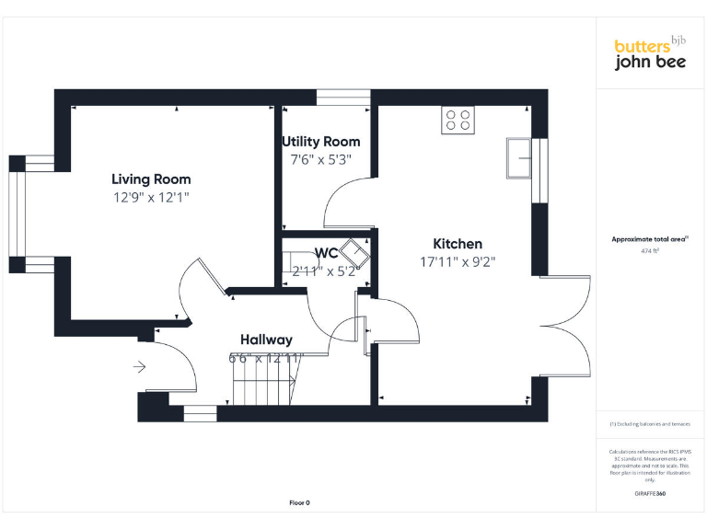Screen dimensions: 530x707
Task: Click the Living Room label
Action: coord(151,179)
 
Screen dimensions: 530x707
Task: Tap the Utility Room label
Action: coord(320,142)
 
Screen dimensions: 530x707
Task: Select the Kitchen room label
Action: coord(458,244)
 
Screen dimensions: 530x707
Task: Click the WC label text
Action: coord(326,253)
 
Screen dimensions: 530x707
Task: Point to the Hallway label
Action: coord(266,340)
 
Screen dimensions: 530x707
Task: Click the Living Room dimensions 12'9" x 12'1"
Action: coord(151,197)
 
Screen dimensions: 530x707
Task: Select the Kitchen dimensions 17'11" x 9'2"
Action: coord(458,261)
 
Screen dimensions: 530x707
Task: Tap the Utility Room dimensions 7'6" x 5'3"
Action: coord(320,159)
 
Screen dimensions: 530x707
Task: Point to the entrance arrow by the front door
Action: coord(139,367)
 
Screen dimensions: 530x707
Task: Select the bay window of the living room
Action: coord(17,214)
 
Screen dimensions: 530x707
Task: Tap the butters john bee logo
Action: coord(650,54)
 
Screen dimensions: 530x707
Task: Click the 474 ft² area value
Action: coord(650,250)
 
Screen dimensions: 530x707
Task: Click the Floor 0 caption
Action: coord(299,502)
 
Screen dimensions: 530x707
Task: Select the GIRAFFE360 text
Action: coord(650,494)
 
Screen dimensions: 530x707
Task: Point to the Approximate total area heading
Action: coord(650,239)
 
